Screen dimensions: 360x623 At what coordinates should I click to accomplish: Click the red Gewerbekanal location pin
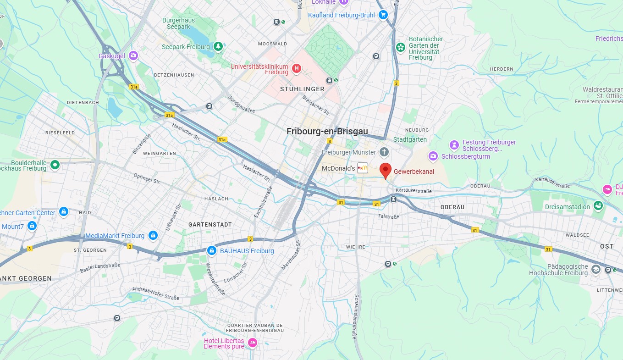386,169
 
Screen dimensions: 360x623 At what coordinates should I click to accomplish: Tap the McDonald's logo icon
363,168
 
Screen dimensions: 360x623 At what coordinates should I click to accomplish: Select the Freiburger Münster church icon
384,152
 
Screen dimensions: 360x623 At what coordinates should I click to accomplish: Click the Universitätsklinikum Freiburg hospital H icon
297,69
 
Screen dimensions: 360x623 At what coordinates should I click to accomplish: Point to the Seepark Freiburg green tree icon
219,46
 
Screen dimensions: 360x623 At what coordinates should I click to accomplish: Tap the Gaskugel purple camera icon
133,56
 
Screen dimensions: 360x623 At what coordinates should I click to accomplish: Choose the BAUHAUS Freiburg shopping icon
212,250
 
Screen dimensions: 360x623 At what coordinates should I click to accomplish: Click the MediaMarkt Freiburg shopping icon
153,236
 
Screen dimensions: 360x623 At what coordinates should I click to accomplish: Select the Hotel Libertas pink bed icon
252,343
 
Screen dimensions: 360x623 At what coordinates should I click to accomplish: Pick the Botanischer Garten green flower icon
401,47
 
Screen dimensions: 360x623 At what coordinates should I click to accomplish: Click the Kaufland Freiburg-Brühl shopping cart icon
383,15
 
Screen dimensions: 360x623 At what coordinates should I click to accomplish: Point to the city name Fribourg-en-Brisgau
327,131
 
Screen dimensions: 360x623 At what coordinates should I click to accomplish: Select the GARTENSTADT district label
210,225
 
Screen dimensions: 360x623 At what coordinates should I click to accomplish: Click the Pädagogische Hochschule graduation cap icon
595,269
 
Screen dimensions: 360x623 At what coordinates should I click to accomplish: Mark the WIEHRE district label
356,247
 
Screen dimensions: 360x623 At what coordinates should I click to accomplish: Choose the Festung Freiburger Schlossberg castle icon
454,145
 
